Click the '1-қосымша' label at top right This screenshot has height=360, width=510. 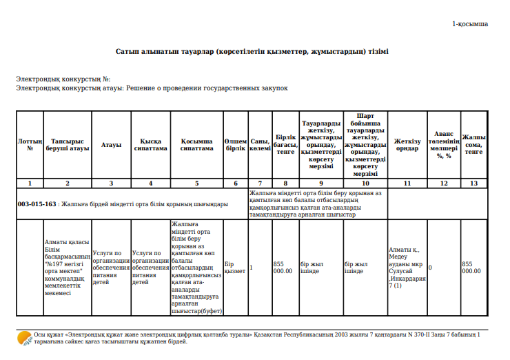[470, 24]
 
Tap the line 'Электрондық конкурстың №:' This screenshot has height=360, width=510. [63, 80]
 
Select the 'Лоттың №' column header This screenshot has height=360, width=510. [30, 145]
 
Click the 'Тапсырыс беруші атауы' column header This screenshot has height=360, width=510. [67, 145]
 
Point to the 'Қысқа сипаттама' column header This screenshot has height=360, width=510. [150, 145]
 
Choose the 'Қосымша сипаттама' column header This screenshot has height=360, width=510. [196, 145]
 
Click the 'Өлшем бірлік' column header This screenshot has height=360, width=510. [235, 145]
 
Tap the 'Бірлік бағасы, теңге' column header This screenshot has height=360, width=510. [285, 145]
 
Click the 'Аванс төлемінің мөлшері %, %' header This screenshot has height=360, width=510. [443, 145]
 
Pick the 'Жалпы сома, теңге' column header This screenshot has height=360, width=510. [473, 145]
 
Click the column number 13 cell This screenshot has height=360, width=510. [473, 183]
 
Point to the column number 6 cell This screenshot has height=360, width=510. [235, 183]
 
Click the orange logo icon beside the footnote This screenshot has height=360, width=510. [25, 338]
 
